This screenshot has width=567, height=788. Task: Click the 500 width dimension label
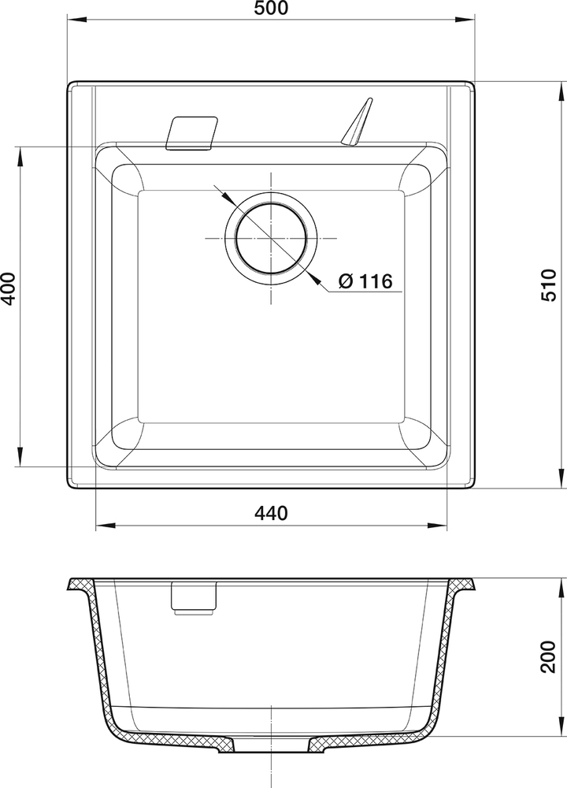point(272,9)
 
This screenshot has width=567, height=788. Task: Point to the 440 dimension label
point(272,513)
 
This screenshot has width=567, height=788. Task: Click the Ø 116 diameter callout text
point(365,281)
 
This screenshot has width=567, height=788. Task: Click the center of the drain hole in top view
point(272,238)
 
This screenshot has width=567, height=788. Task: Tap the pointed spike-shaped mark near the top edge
point(356,121)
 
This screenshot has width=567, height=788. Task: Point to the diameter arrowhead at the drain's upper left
point(221,193)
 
